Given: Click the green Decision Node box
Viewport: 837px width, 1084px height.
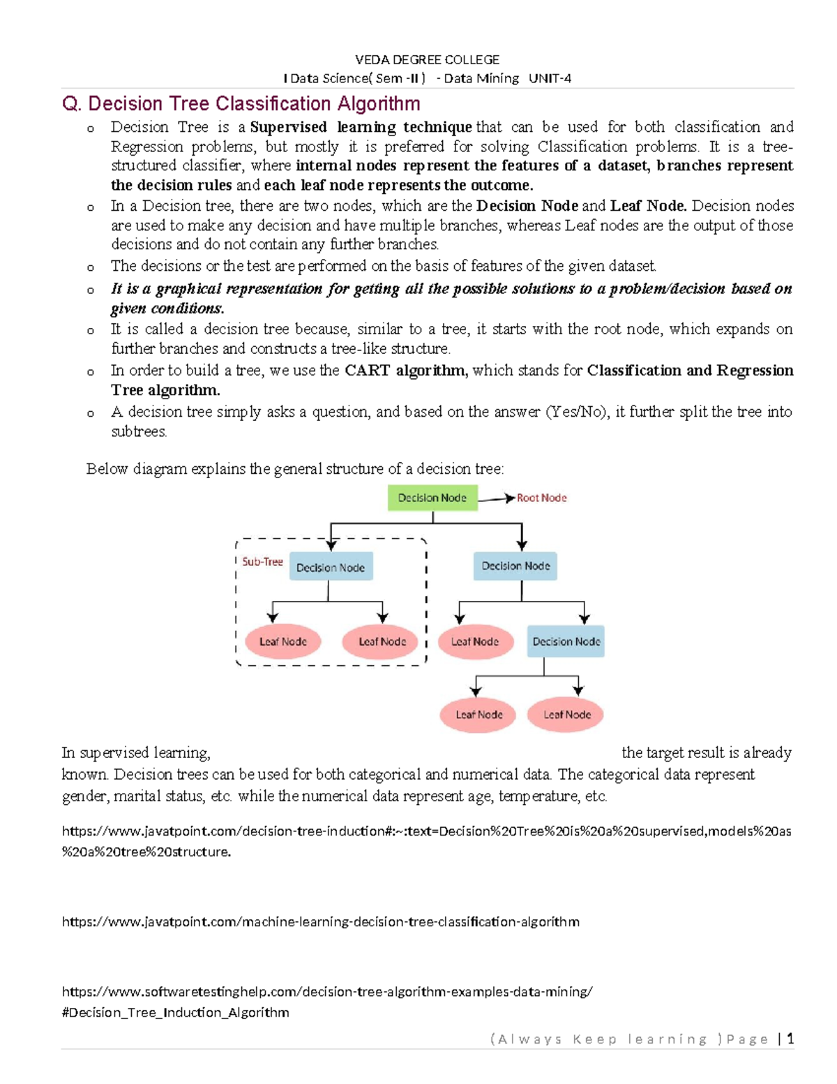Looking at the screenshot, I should pyautogui.click(x=432, y=498).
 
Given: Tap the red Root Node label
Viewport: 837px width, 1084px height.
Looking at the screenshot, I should pyautogui.click(x=542, y=498).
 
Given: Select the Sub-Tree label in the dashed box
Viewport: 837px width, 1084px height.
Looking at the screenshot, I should pyautogui.click(x=262, y=562).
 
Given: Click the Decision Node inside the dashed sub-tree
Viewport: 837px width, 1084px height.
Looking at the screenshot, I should pyautogui.click(x=331, y=567).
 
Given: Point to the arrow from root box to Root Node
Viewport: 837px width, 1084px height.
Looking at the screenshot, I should pyautogui.click(x=496, y=498).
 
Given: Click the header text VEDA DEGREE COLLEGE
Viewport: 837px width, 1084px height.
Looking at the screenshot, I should pyautogui.click(x=427, y=60).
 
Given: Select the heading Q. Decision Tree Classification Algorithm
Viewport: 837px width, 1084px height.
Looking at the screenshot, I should pyautogui.click(x=241, y=104).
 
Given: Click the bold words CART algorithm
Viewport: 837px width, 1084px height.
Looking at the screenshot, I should pyautogui.click(x=405, y=371).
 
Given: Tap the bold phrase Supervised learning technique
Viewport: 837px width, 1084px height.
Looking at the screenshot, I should pyautogui.click(x=361, y=127).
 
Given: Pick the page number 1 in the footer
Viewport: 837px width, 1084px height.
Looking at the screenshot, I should pyautogui.click(x=790, y=1039).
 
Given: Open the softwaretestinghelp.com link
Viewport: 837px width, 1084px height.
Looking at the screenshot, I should pyautogui.click(x=327, y=992).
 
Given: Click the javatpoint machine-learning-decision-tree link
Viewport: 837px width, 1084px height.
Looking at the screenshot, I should pyautogui.click(x=321, y=922).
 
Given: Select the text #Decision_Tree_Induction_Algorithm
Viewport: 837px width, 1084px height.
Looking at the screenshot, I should pyautogui.click(x=176, y=1013).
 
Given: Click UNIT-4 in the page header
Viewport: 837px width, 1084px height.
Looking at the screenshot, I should pyautogui.click(x=550, y=79).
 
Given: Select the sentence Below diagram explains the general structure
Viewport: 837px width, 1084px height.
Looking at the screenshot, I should pyautogui.click(x=294, y=469).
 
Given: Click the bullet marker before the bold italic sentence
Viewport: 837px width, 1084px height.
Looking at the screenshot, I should pyautogui.click(x=90, y=290).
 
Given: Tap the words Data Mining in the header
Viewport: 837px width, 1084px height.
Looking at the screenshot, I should pyautogui.click(x=481, y=79).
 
